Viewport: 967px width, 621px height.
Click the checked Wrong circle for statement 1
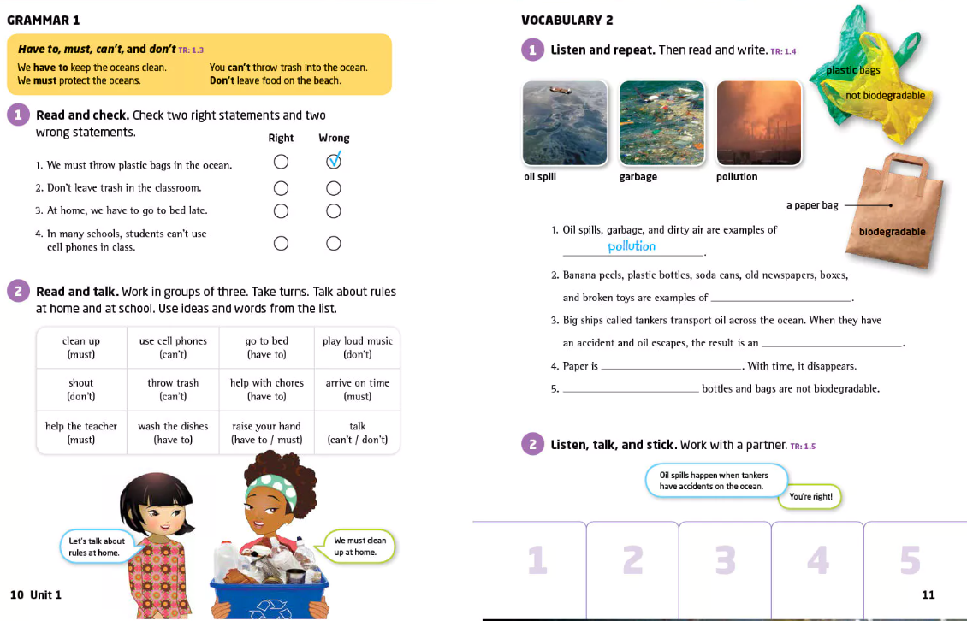[334, 161]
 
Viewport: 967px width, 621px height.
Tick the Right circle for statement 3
[281, 210]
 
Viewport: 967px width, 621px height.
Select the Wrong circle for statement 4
[334, 244]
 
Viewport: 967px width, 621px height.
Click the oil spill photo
[565, 122]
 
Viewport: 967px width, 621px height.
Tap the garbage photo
[661, 122]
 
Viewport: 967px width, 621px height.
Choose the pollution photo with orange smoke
[759, 122]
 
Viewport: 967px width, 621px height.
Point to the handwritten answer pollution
[632, 246]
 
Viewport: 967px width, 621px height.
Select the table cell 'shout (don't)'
[81, 389]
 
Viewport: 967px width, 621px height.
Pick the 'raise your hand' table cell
[266, 432]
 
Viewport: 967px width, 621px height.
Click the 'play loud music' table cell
[357, 346]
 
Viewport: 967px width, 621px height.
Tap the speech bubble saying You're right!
[810, 496]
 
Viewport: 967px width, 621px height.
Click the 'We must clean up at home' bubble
[359, 546]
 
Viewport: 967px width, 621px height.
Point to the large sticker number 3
[725, 560]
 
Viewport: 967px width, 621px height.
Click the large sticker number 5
[910, 560]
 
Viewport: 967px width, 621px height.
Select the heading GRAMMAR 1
[43, 20]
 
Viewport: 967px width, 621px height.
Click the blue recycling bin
[270, 594]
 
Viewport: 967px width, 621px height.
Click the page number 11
[928, 594]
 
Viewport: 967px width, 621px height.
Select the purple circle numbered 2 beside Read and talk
[18, 291]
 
